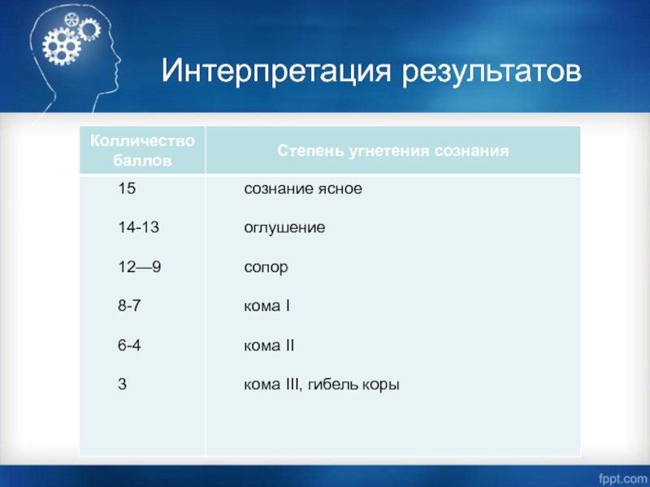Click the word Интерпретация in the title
[x=276, y=71]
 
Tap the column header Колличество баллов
[x=142, y=150]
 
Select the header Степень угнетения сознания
[x=393, y=151]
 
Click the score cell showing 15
[x=127, y=188]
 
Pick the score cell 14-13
[x=138, y=227]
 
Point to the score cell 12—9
[x=139, y=267]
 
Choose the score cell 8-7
[x=129, y=306]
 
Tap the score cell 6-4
[x=129, y=345]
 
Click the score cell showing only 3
[x=123, y=384]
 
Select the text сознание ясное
[x=303, y=189]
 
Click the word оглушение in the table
[x=285, y=228]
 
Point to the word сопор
[x=266, y=268]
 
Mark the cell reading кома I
[x=267, y=306]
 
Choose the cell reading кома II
[x=269, y=346]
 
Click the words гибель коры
[x=353, y=385]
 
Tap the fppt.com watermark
[x=622, y=478]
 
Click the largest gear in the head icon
[x=61, y=46]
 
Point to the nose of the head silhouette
[x=119, y=60]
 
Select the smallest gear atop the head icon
[x=71, y=19]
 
